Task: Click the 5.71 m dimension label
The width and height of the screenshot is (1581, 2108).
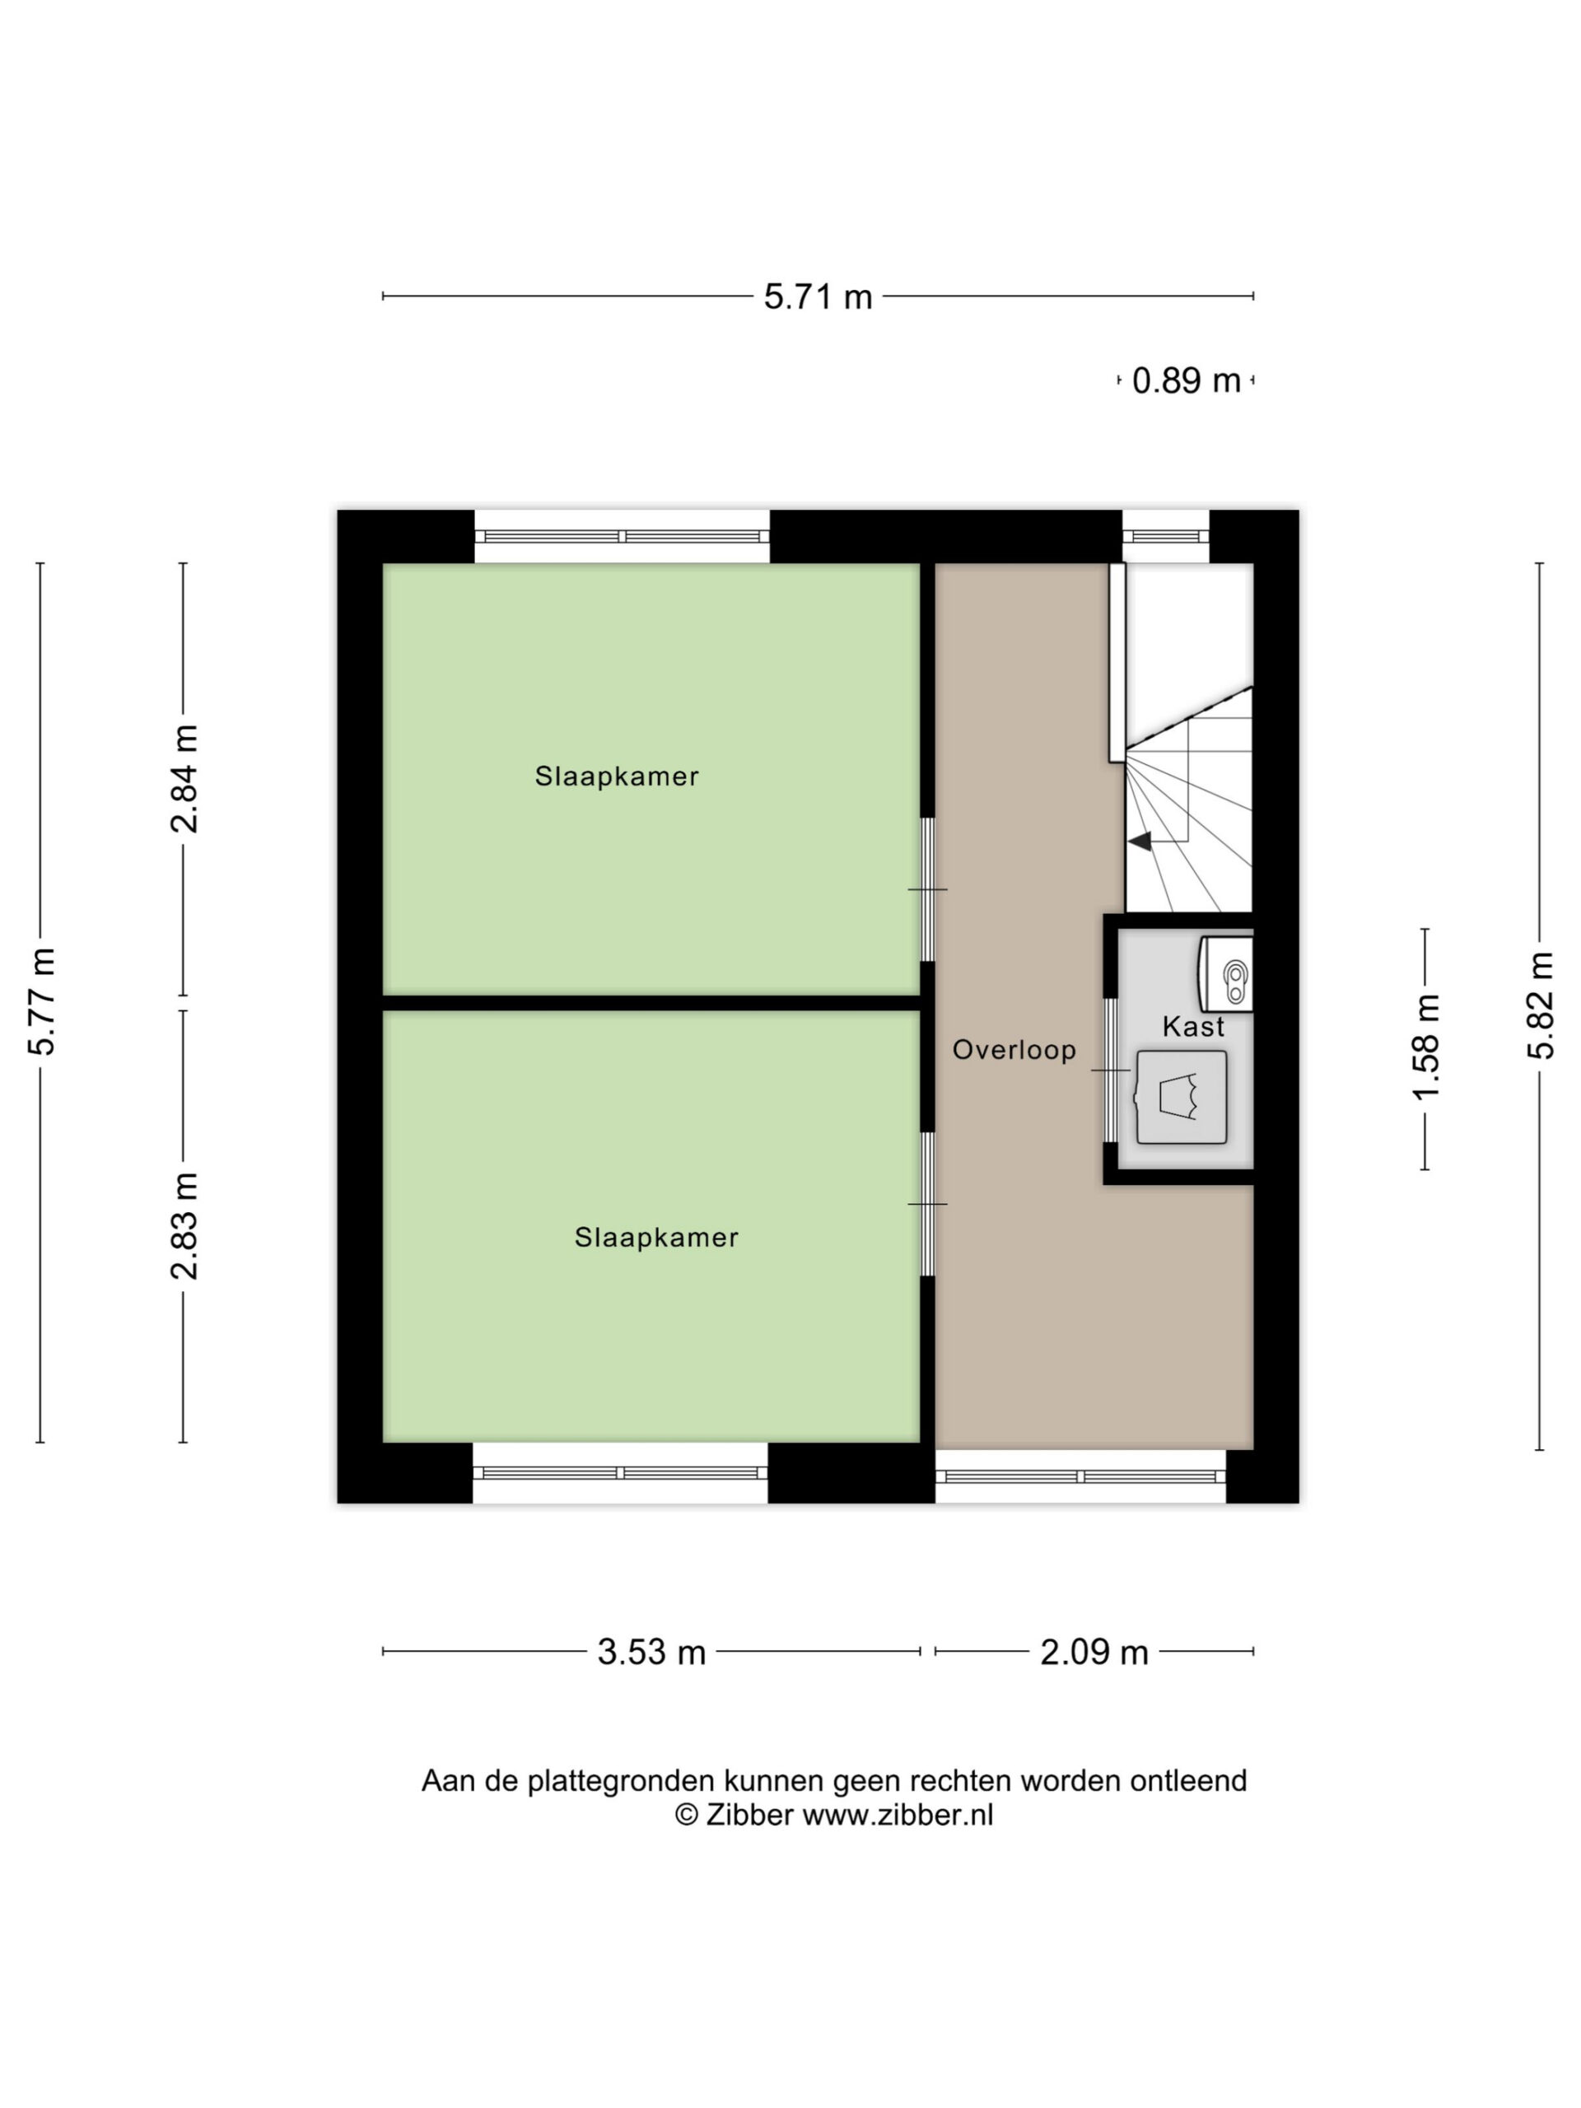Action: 818,296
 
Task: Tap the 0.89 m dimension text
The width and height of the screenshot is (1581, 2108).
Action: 1186,381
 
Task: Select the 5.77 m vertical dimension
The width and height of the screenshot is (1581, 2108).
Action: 42,1001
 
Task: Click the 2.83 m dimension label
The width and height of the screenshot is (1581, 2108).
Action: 185,1225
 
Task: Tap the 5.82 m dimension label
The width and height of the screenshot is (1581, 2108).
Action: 1540,1005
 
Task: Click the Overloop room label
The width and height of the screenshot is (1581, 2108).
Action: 1014,1050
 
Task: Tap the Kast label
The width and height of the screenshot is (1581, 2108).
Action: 1193,1026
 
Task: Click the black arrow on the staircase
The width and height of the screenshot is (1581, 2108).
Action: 1140,841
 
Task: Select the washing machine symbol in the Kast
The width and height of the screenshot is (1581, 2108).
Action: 1181,1097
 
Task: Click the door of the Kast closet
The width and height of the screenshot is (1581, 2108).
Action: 1111,1070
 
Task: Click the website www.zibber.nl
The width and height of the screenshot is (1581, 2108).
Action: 898,1816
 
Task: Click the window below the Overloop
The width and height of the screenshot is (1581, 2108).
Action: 1080,1476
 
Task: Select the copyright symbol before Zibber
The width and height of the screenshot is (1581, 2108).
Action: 686,1816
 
